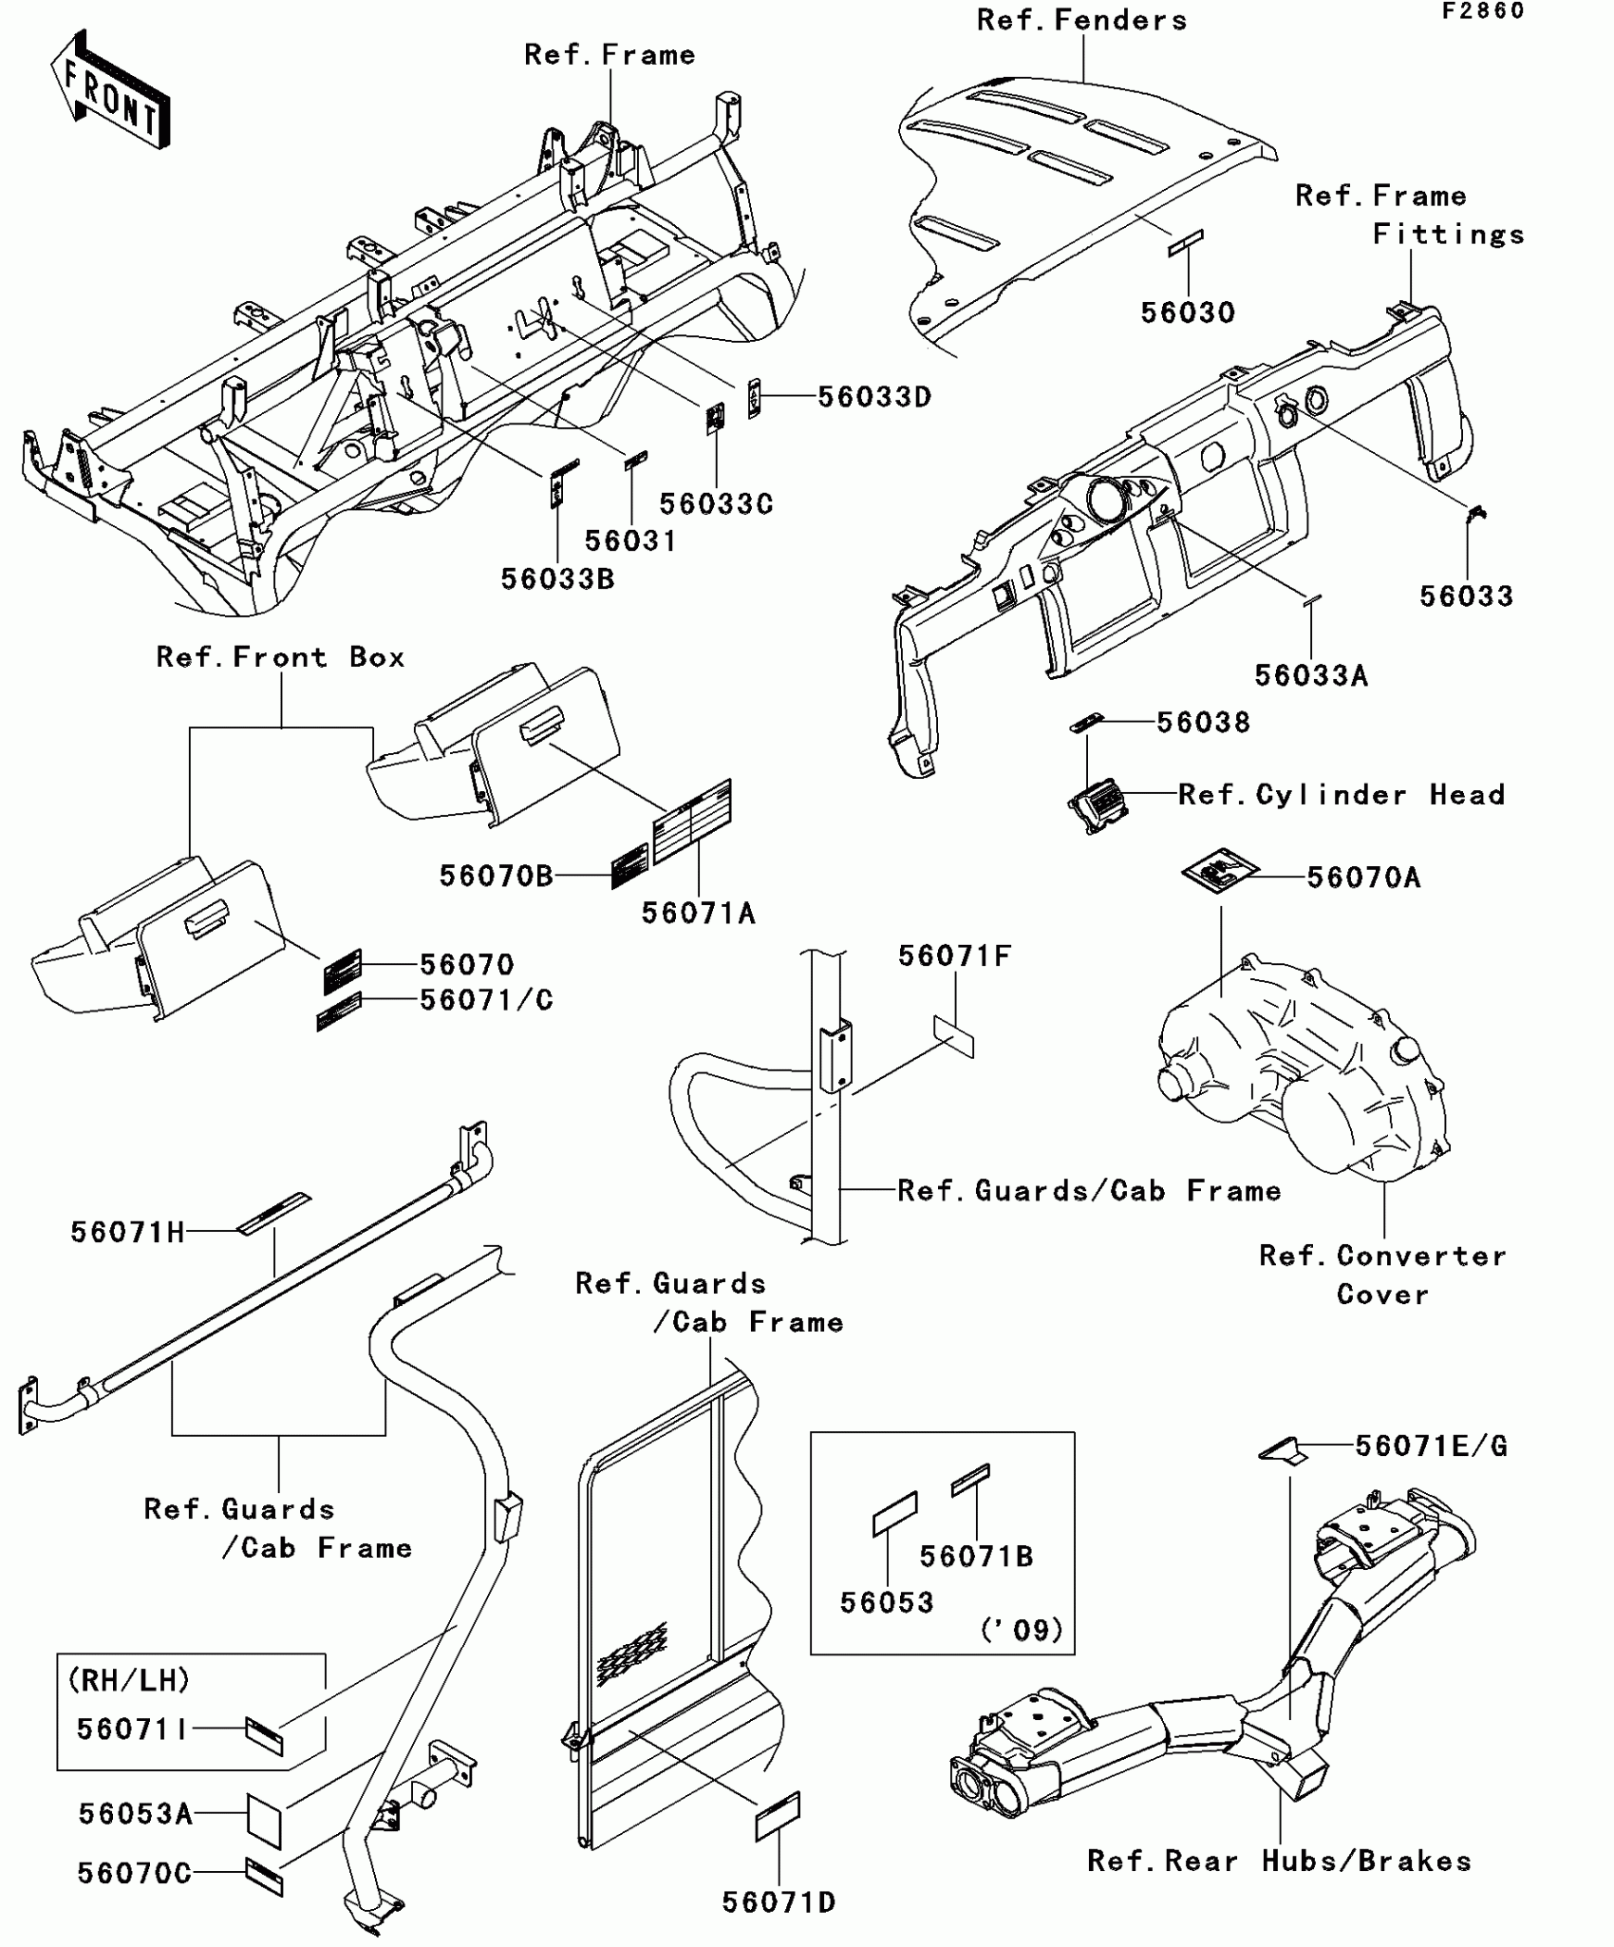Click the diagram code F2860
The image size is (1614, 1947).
1482,11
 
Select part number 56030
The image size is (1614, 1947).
1188,312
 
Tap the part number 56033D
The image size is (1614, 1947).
874,397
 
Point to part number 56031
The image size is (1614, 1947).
630,540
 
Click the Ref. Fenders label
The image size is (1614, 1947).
1081,21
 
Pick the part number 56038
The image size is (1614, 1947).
1203,723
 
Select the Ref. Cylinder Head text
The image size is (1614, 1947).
1342,794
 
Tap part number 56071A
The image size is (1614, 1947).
698,913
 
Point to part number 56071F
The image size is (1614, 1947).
954,955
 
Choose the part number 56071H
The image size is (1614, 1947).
127,1233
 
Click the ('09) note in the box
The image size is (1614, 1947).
1022,1631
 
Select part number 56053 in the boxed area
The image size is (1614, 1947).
887,1602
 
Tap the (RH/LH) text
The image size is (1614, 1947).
129,1680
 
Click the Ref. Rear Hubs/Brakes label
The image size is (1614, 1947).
1279,1861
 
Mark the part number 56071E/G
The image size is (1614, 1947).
1430,1446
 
